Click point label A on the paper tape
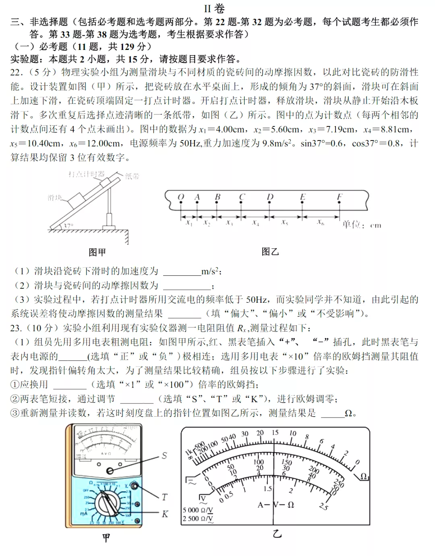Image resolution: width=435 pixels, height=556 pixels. point(197,197)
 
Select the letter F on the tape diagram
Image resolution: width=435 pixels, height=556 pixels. point(340,197)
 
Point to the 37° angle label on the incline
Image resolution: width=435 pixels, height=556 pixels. point(68,226)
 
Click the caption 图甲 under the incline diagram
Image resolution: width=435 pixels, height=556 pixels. point(97,252)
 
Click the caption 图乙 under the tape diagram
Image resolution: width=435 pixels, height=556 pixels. point(270,252)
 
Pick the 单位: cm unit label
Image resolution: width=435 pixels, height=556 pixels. point(361,225)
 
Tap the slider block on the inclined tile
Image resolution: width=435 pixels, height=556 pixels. point(76,198)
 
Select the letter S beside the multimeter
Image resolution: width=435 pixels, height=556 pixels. point(164,455)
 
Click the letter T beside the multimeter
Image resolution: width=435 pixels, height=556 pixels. point(164,497)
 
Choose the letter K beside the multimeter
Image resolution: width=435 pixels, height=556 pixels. point(165,514)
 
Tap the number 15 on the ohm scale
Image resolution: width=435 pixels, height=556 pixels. point(275,432)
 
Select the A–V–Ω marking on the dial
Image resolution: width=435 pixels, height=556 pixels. point(276,504)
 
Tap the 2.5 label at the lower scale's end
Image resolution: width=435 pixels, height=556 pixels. point(323,506)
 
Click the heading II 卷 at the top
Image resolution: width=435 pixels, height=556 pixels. point(214,8)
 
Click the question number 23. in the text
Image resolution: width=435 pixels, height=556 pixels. point(16,328)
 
